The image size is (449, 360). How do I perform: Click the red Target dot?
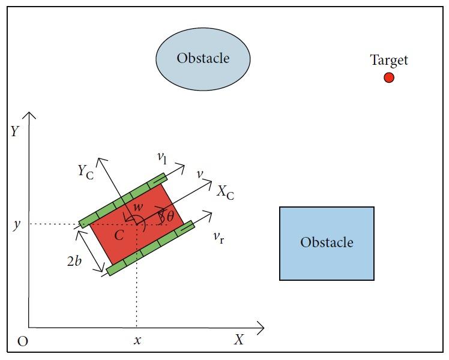click(x=389, y=77)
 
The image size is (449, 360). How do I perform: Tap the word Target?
click(x=389, y=60)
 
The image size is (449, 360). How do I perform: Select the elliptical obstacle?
click(x=203, y=59)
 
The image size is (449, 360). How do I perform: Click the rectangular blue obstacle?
click(x=327, y=243)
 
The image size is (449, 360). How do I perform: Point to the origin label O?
click(x=23, y=341)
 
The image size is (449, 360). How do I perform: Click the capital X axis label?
click(x=240, y=340)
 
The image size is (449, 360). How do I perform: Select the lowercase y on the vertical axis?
click(x=16, y=225)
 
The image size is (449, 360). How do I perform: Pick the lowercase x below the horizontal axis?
click(x=137, y=340)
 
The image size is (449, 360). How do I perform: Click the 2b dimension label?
click(x=76, y=261)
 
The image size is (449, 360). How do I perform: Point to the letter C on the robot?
click(x=119, y=235)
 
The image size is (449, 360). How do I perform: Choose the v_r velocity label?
click(x=218, y=236)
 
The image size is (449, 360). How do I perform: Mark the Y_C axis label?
click(x=85, y=171)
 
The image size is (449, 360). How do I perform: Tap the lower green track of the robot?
click(x=150, y=248)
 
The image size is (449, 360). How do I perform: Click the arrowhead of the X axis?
click(x=261, y=328)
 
